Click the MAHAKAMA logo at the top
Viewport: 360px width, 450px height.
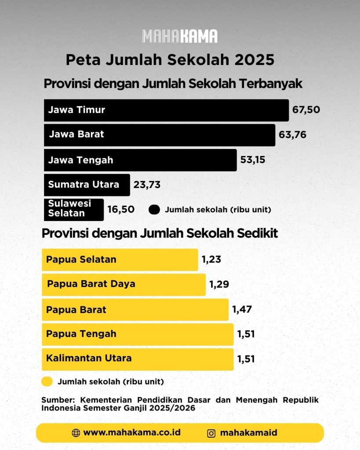pos(180,36)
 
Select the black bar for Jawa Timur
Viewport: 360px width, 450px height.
pos(166,110)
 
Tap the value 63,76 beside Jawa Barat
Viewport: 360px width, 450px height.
pos(293,134)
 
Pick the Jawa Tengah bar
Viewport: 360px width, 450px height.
pos(140,160)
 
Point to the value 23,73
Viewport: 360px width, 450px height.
pos(147,185)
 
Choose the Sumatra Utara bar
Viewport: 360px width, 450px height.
pos(87,185)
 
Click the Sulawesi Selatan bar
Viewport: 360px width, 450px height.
pos(74,210)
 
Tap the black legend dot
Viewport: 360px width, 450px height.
pos(154,210)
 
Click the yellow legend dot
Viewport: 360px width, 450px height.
pos(47,381)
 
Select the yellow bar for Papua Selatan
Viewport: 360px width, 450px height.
pos(120,260)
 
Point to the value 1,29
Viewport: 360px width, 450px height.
pos(219,284)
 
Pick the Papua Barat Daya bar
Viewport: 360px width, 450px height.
pos(124,285)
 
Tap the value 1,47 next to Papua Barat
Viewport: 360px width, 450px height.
pos(242,309)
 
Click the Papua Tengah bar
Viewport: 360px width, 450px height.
pos(138,334)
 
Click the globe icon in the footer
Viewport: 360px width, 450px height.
pos(76,433)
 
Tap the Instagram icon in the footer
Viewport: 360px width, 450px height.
pos(211,433)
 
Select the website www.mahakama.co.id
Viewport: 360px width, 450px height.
pos(132,432)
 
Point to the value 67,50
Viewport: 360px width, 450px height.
pos(306,109)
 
